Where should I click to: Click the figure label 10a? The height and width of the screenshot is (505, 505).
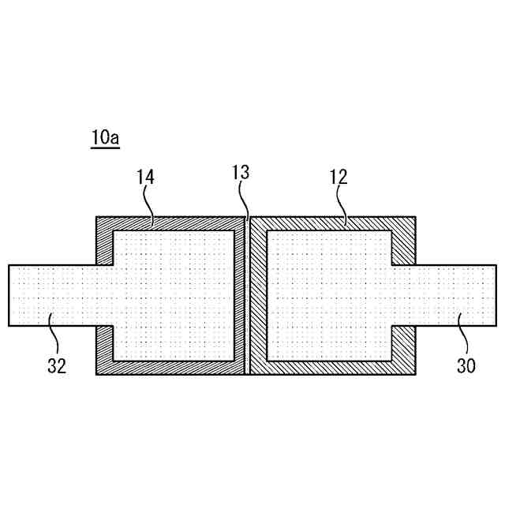coord(104,137)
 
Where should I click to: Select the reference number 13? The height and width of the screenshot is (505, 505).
coord(241,172)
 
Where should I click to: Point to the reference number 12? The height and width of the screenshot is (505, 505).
coord(339,177)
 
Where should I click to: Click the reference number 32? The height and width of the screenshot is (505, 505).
coord(56,365)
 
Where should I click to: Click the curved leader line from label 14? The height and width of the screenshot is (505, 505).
coord(151,203)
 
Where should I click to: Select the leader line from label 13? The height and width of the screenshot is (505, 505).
coord(246,201)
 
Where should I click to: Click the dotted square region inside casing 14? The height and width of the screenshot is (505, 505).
coord(174,295)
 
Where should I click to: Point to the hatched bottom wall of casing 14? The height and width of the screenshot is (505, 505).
coord(170,367)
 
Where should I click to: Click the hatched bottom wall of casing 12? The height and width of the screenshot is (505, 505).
coord(331,367)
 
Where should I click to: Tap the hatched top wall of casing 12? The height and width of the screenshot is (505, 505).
coord(331,223)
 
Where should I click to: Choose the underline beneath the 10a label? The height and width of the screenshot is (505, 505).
coord(104,148)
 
